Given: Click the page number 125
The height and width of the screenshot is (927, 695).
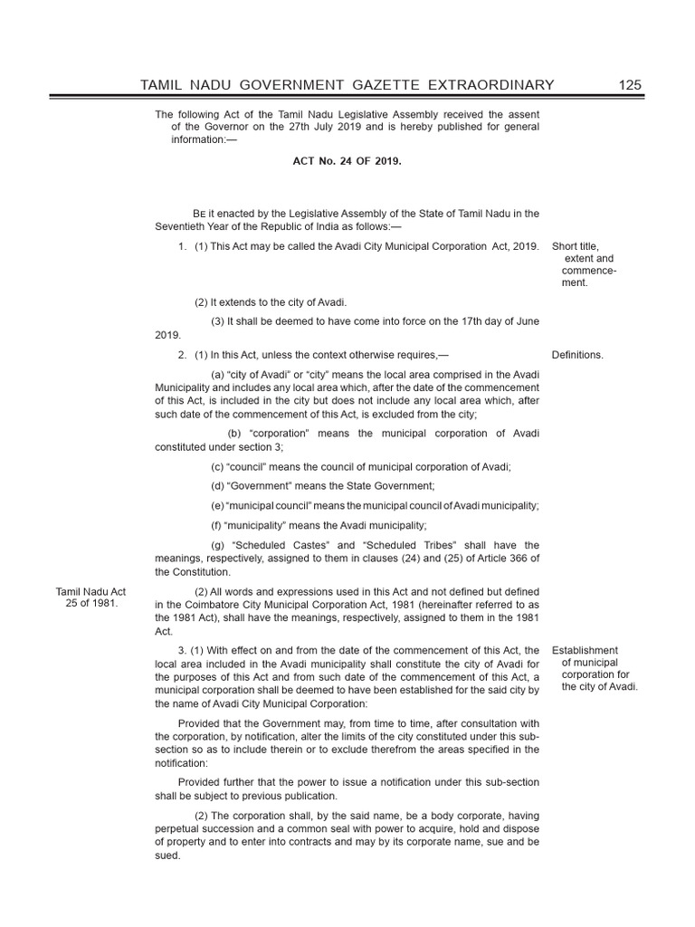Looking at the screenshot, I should (x=630, y=84).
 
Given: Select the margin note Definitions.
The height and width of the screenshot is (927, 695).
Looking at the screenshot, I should (x=577, y=355).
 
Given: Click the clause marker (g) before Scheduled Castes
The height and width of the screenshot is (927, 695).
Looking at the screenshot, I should (x=217, y=545).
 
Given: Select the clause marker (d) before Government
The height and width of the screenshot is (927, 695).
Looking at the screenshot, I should (x=217, y=486).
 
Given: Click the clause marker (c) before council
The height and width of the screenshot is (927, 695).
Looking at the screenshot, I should (x=217, y=466).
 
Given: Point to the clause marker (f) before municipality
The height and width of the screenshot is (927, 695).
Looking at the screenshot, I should (x=216, y=525).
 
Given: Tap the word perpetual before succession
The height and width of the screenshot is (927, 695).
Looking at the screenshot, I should (x=182, y=828).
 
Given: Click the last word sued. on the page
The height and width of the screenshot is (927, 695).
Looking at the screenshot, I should (x=168, y=855).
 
